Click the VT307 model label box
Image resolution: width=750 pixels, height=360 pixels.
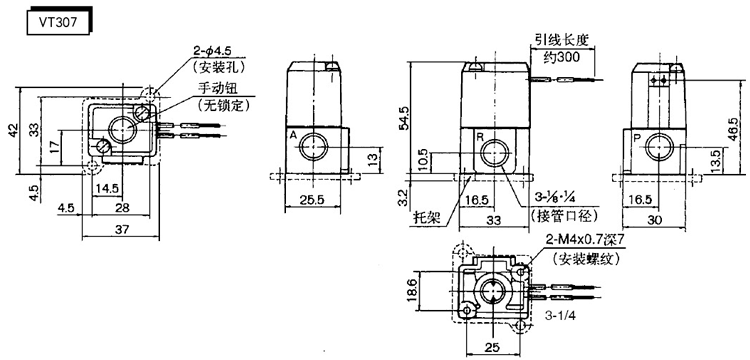(x=58, y=23)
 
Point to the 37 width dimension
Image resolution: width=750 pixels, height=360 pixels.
(x=122, y=229)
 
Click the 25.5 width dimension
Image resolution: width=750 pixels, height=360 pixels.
(x=312, y=200)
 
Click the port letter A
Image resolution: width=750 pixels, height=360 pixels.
(x=293, y=136)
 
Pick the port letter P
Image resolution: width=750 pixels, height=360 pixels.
(x=637, y=138)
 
